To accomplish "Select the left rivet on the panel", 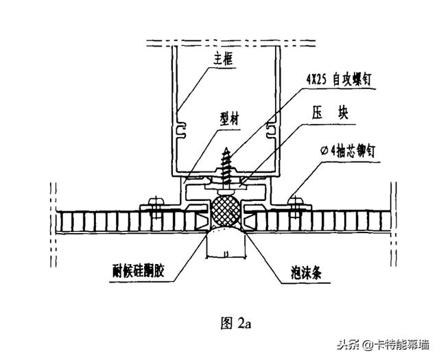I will coord(155,202).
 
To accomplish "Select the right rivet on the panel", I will coord(296,202).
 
